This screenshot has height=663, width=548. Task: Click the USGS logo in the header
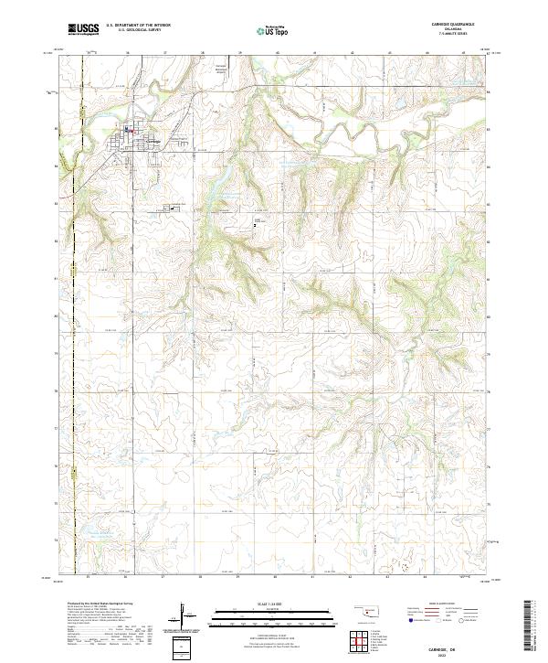84,29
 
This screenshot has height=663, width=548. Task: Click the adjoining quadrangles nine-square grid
358,639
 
